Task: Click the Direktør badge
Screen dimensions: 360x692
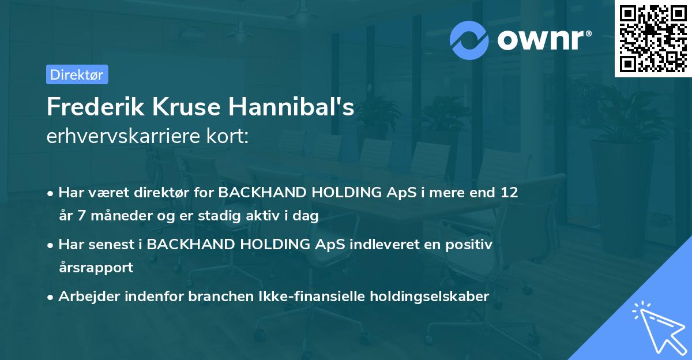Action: pyautogui.click(x=77, y=75)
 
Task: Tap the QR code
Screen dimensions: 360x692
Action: pyautogui.click(x=653, y=39)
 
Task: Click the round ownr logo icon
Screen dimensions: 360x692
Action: pyautogui.click(x=469, y=39)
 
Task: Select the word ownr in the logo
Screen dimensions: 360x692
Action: pyautogui.click(x=544, y=40)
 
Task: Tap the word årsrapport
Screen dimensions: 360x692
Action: pyautogui.click(x=96, y=268)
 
